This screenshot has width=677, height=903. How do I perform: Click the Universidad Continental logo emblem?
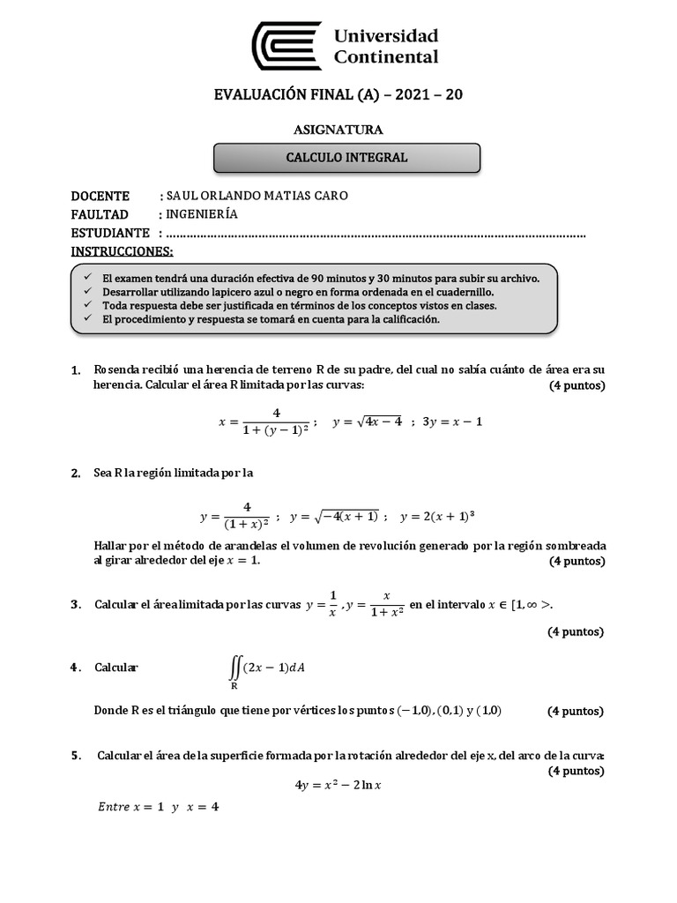286,46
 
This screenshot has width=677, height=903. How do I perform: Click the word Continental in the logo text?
386,57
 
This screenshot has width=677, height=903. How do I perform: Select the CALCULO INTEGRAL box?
347,158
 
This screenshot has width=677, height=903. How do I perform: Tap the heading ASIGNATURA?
338,130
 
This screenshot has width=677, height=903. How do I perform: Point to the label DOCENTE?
100,196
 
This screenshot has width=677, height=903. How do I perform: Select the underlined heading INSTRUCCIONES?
122,251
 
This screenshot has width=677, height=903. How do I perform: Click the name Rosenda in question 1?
120,369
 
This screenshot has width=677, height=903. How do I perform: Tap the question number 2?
76,474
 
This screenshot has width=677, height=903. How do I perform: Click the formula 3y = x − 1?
452,422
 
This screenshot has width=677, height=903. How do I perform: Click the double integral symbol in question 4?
234,669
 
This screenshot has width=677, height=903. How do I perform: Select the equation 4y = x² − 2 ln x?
344,785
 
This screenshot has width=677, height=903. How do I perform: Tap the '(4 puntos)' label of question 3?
576,631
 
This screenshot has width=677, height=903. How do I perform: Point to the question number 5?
76,756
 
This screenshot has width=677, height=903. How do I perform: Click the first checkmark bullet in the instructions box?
86,277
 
